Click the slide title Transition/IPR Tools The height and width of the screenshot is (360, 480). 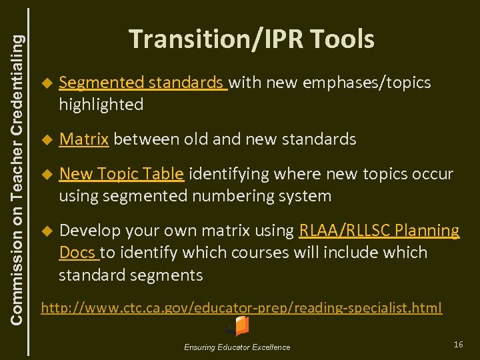click(251, 39)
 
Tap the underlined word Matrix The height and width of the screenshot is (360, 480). click(84, 139)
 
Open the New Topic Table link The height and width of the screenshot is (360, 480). click(121, 174)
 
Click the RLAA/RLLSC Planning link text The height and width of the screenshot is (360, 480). click(379, 231)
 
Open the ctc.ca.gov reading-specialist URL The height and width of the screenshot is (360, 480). click(241, 307)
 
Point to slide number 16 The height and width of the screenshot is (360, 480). click(458, 343)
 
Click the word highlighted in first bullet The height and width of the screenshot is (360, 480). click(101, 105)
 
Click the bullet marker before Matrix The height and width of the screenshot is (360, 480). click(46, 140)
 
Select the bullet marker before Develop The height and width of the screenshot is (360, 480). click(46, 231)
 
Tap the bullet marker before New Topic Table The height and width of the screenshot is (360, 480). click(46, 175)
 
